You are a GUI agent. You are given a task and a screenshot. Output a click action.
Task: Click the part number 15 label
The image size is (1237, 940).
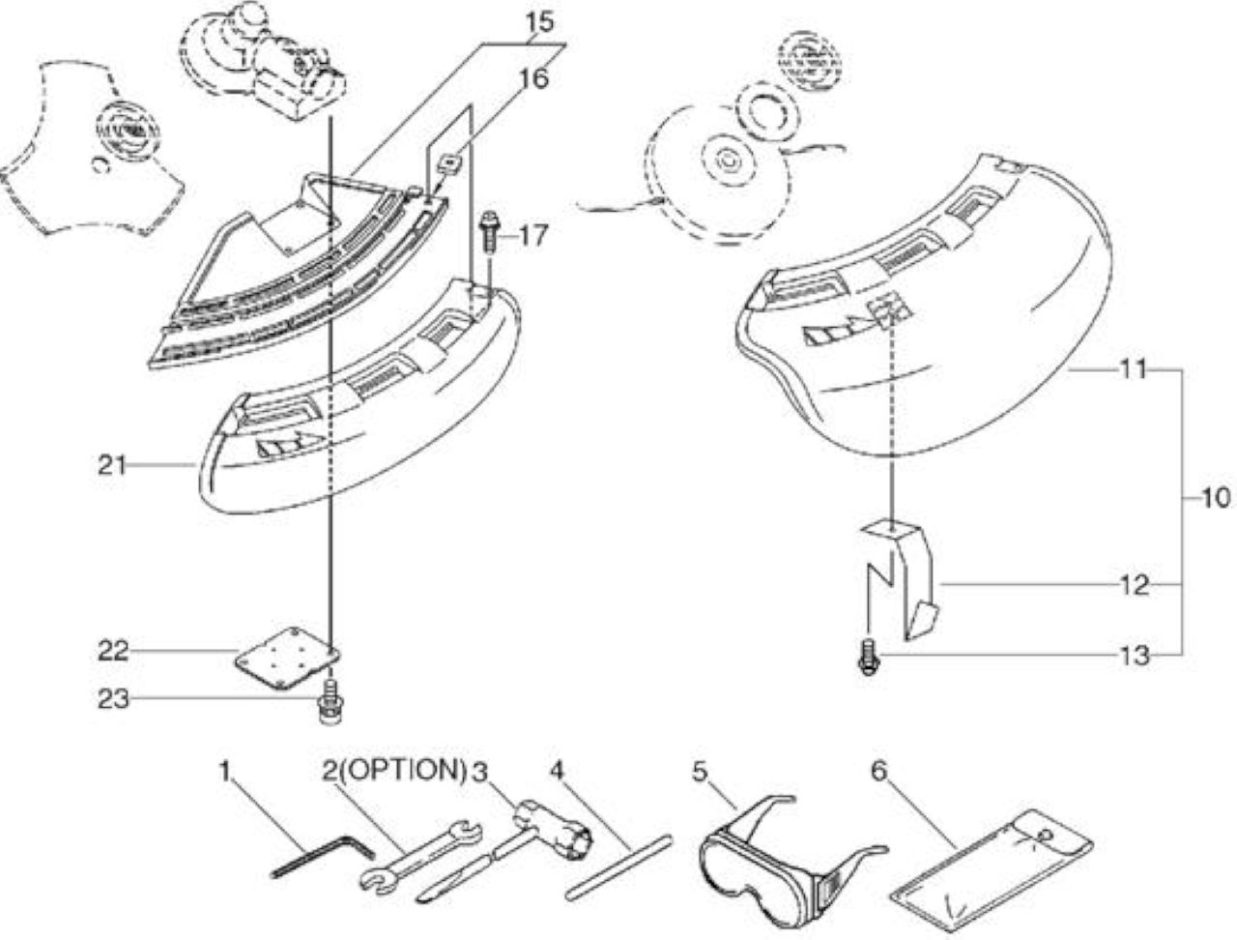pyautogui.click(x=539, y=22)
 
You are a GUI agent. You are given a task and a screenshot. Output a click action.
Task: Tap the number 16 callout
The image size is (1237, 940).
pyautogui.click(x=533, y=78)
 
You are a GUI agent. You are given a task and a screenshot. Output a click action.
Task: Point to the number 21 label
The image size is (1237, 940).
pyautogui.click(x=111, y=465)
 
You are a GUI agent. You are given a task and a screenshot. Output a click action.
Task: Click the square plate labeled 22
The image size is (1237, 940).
pyautogui.click(x=287, y=658)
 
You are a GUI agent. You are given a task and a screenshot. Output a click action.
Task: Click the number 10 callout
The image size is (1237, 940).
pyautogui.click(x=1216, y=498)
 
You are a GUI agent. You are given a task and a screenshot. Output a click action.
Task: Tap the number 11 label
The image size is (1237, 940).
pyautogui.click(x=1133, y=369)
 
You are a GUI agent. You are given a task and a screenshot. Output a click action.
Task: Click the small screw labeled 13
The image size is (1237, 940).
pyautogui.click(x=869, y=657)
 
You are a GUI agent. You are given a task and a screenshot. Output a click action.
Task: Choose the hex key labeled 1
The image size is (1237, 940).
pyautogui.click(x=323, y=856)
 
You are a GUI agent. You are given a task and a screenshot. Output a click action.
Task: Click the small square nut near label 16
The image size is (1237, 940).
pyautogui.click(x=449, y=165)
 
